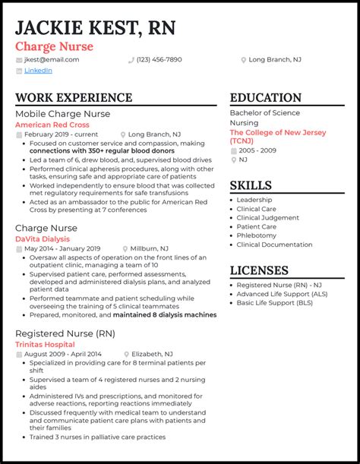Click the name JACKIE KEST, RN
[x=96, y=28]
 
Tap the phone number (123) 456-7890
[x=159, y=59]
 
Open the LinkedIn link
[x=38, y=71]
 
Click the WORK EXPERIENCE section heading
[x=74, y=98]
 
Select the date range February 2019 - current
[x=61, y=134]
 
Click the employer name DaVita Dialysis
[x=42, y=238]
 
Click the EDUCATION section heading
[x=266, y=98]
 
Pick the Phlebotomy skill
[x=257, y=235]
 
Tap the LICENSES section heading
[x=259, y=270]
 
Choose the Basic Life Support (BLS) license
[x=274, y=303]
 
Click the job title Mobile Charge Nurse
[x=63, y=113]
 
